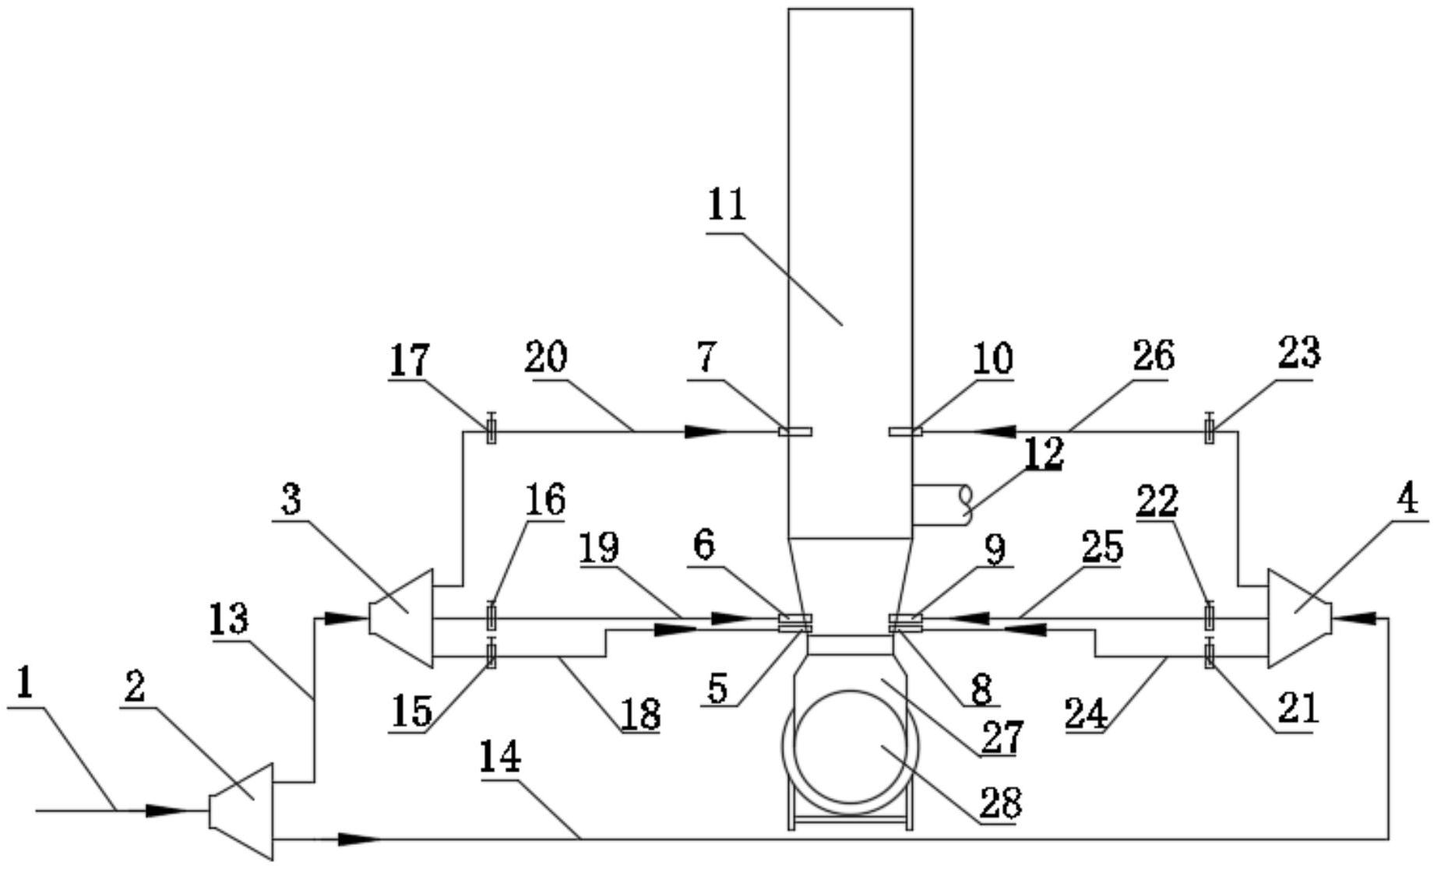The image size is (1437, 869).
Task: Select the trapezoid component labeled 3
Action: [400, 618]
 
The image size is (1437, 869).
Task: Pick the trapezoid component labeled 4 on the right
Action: [1299, 618]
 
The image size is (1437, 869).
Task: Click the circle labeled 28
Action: [851, 747]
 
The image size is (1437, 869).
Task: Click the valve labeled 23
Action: [1209, 427]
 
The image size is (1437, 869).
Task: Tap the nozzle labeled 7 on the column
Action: [795, 431]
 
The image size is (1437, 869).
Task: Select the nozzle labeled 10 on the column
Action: [905, 431]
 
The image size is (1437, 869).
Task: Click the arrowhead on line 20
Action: [706, 431]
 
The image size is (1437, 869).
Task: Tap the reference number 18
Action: [641, 713]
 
